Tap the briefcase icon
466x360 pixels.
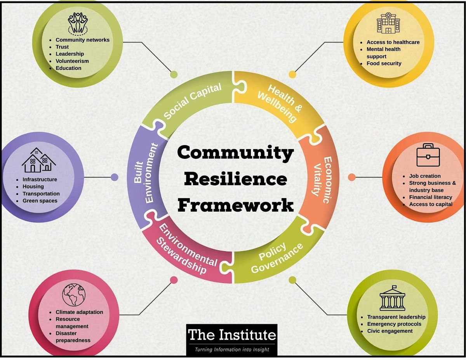[x=428, y=155]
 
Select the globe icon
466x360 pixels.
[x=74, y=295]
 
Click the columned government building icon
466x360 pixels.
[x=392, y=299]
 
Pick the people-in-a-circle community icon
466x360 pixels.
[x=78, y=23]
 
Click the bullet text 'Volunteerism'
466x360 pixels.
[x=72, y=61]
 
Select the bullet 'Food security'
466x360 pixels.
[x=384, y=63]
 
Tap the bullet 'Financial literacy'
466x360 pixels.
[x=430, y=197]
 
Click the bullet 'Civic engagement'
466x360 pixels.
[x=390, y=331]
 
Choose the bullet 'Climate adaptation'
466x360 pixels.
[x=79, y=312]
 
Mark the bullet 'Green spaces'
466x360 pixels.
[x=40, y=201]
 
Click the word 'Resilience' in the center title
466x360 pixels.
[x=236, y=179]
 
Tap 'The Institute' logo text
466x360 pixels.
[x=232, y=334]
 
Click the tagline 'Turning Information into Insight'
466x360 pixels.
[x=232, y=350]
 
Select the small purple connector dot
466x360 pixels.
[x=114, y=177]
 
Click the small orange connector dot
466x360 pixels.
[x=352, y=177]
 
